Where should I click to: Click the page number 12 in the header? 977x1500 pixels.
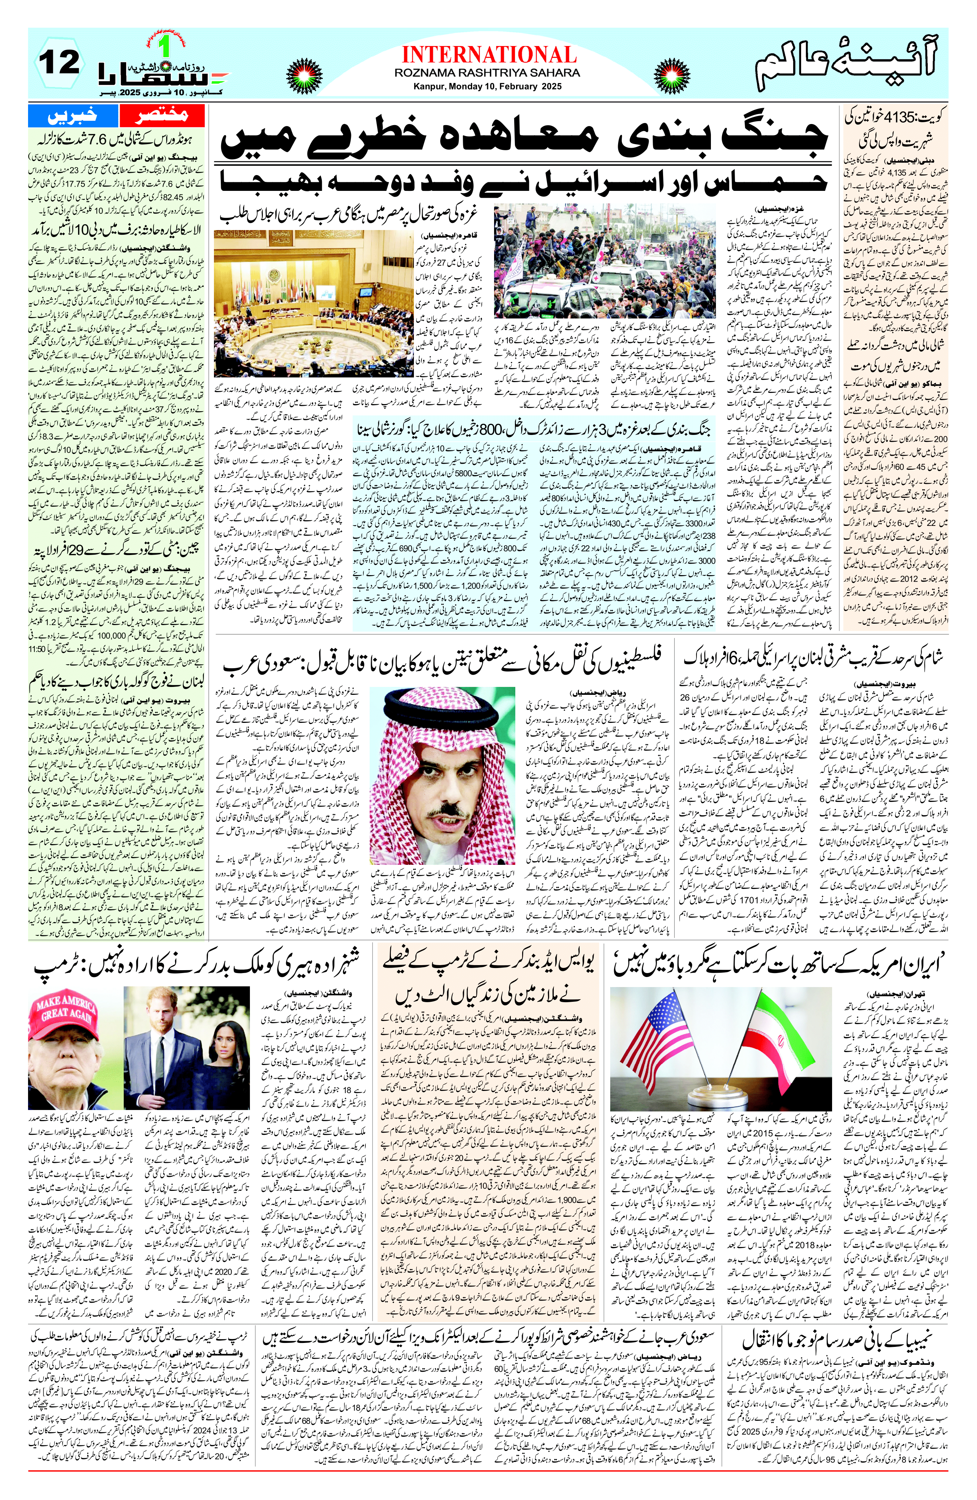point(60,63)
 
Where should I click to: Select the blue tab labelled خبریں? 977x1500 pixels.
point(73,116)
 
